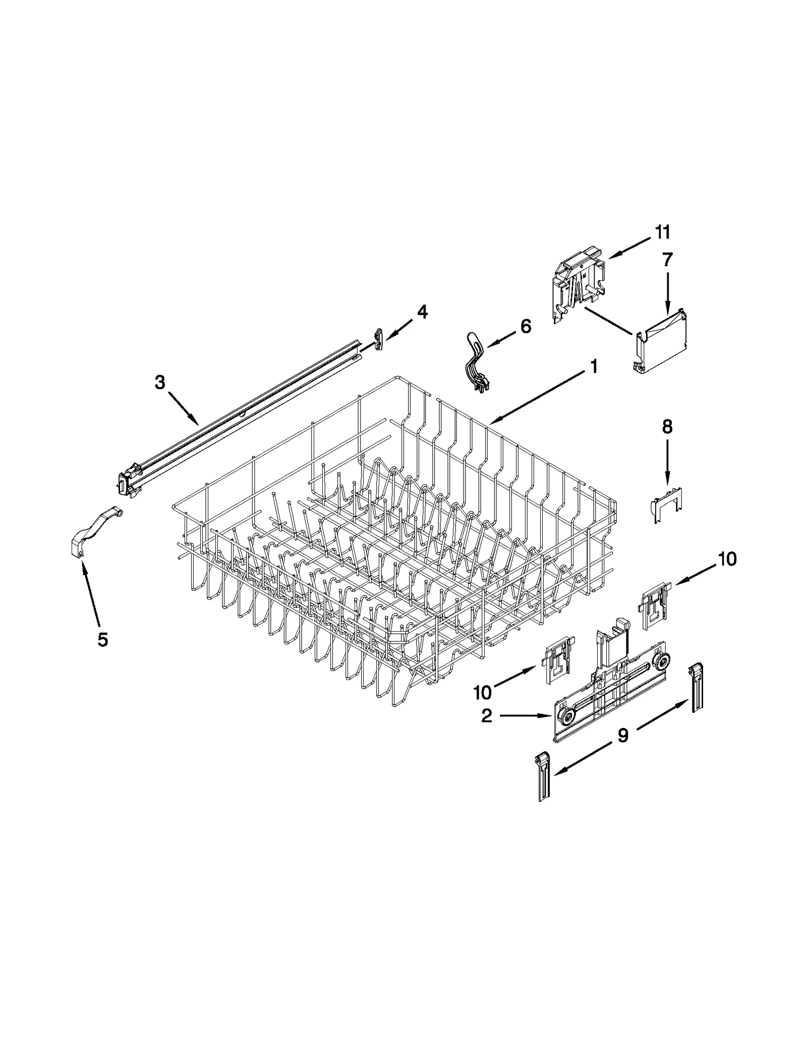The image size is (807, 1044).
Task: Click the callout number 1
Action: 594,366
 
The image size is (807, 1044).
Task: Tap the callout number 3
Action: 159,383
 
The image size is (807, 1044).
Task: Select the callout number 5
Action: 102,640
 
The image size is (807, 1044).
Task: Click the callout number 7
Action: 667,260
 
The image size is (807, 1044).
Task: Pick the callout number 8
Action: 667,427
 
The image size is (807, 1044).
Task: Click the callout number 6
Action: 525,327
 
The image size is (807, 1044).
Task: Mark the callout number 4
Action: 422,313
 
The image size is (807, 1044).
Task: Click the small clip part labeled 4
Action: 379,338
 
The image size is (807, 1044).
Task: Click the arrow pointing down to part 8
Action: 667,461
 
